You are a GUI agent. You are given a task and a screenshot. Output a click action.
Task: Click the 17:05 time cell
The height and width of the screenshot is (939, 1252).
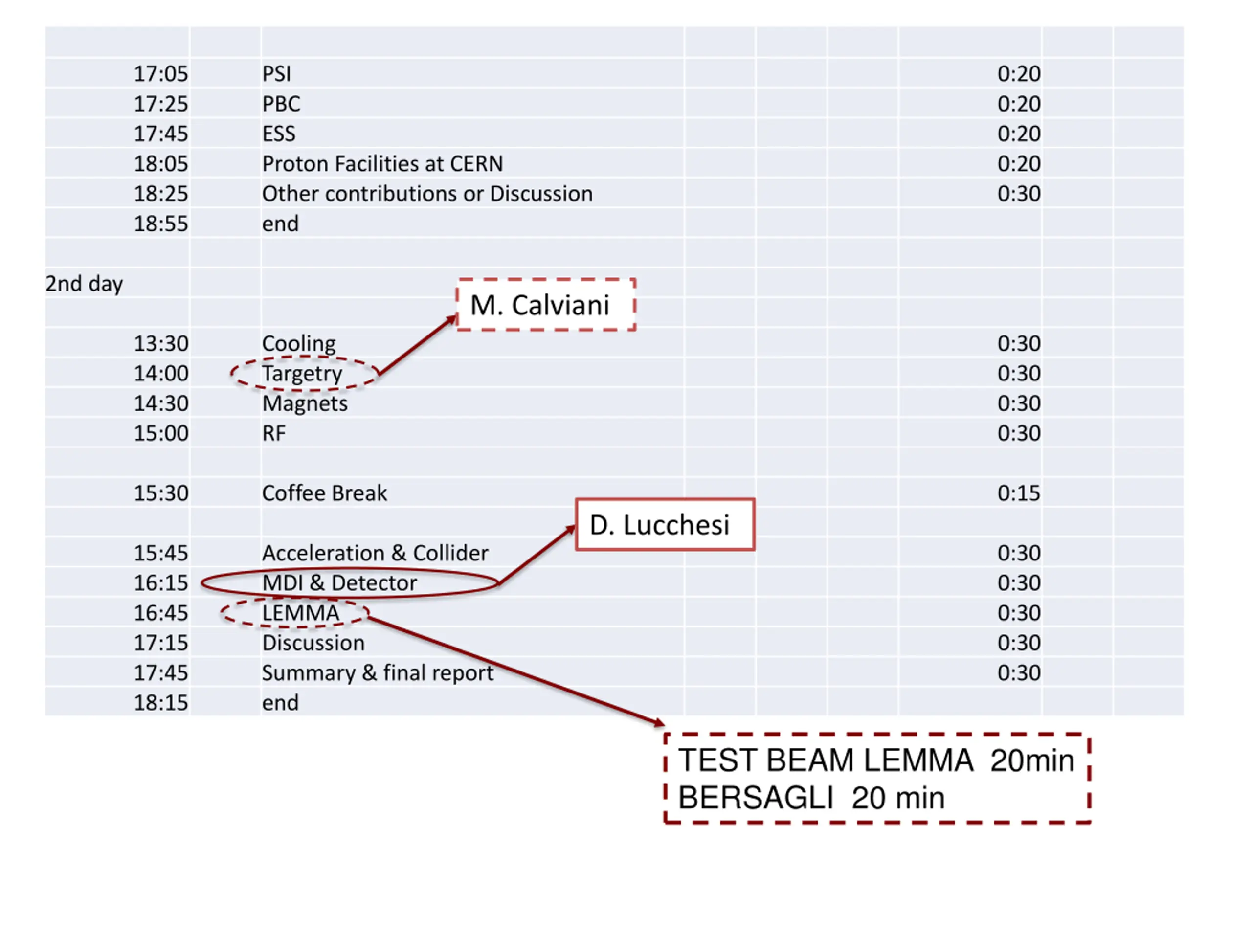pos(160,73)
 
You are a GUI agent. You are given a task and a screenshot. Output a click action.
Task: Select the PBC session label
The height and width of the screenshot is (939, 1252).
pos(281,104)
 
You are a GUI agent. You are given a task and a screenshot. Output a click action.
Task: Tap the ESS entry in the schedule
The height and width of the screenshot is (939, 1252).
pos(278,134)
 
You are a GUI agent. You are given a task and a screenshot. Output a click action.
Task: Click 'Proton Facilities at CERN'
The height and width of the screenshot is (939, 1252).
pos(382,163)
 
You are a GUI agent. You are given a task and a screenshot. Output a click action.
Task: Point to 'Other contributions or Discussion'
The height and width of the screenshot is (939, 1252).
pos(427,194)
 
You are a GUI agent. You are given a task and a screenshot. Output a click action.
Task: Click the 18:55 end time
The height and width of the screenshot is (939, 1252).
pos(160,224)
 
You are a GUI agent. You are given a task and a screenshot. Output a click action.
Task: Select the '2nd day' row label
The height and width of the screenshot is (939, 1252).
pos(84,284)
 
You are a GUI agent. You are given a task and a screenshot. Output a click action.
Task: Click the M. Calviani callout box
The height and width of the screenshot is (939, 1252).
pos(546,305)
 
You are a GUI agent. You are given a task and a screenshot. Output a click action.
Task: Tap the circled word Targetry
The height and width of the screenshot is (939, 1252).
pos(302,374)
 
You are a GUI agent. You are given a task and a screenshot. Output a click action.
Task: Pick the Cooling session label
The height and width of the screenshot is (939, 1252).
pos(298,343)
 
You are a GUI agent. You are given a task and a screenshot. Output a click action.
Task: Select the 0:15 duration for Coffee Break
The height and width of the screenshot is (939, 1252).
pos(1018,493)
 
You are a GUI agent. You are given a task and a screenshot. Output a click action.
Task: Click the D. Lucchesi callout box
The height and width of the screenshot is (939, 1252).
pos(665,525)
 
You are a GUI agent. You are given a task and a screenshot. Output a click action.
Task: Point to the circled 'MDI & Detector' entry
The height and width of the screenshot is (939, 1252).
pos(339,583)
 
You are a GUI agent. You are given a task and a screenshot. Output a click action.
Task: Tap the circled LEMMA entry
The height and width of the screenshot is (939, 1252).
pos(301,613)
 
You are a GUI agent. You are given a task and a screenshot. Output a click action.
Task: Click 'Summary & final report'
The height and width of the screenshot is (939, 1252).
pos(378,673)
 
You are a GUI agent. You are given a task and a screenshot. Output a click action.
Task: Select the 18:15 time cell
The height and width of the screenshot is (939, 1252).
pos(160,703)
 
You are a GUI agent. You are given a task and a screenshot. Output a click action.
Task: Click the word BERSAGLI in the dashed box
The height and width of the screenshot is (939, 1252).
pos(755,798)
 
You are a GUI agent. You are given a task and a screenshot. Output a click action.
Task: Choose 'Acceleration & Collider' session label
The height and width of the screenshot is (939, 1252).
pos(375,553)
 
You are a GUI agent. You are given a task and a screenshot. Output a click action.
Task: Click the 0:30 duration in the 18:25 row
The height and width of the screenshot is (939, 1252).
pos(1018,194)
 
